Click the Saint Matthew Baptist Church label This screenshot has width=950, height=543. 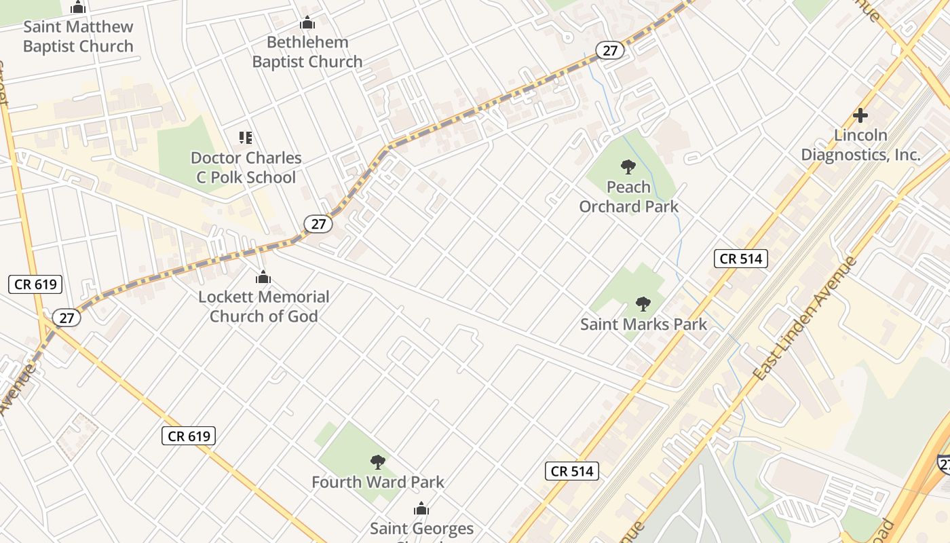click(x=78, y=37)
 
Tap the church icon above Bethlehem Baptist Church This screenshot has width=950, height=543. click(x=307, y=23)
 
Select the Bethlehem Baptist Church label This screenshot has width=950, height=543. click(x=307, y=52)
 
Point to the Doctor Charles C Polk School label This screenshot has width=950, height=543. click(x=246, y=168)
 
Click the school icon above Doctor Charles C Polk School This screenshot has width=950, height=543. click(x=246, y=138)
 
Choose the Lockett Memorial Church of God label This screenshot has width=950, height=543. click(x=263, y=306)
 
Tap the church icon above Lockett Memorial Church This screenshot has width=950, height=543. click(x=263, y=278)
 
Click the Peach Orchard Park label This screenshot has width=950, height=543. click(x=628, y=196)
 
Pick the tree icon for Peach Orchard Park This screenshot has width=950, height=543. click(x=628, y=166)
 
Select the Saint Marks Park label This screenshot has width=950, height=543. click(x=643, y=324)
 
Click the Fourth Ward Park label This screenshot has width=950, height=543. click(x=378, y=482)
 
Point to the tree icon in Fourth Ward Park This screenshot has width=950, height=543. click(x=378, y=462)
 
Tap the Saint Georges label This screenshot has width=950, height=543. click(x=421, y=528)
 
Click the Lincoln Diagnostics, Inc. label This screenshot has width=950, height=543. click(x=860, y=145)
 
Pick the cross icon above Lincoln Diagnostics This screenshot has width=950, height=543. click(x=860, y=115)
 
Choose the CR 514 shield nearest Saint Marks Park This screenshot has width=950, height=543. click(x=740, y=259)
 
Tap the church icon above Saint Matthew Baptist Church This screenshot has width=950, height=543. click(x=78, y=8)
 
